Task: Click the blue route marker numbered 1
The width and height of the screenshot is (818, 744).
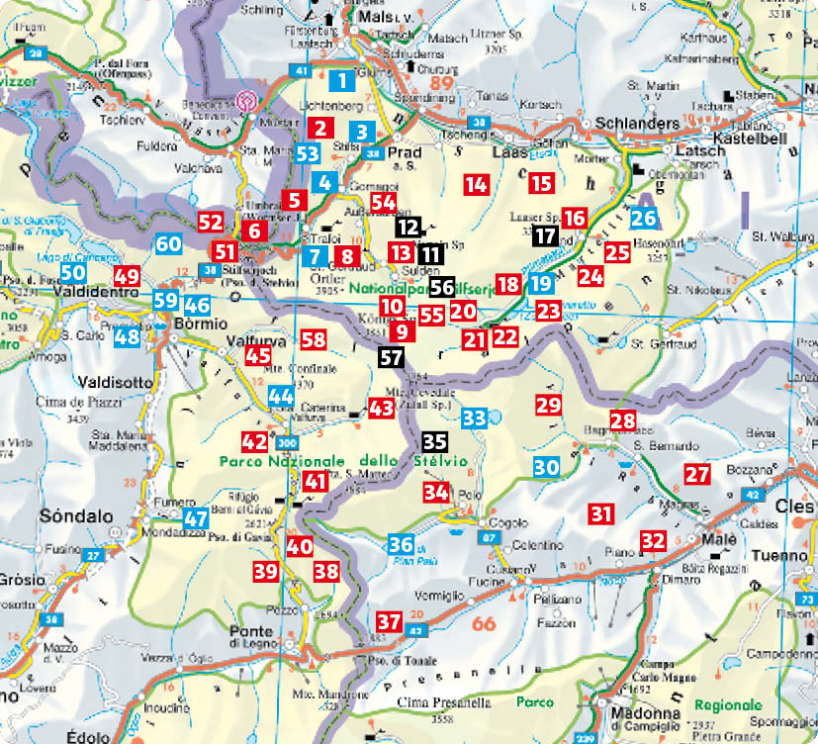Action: click(x=341, y=82)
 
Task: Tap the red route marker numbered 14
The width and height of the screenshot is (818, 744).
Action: click(x=476, y=183)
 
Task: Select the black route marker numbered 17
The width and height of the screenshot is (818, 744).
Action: click(x=544, y=235)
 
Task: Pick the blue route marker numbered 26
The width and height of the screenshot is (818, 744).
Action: click(x=644, y=219)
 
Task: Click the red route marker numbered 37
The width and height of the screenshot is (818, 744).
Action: click(x=389, y=622)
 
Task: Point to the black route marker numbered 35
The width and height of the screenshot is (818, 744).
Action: click(x=434, y=442)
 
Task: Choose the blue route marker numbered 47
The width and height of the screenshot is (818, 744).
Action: click(x=196, y=517)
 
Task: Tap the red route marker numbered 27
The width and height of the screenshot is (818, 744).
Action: click(x=697, y=475)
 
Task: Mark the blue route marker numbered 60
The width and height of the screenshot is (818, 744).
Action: click(x=168, y=243)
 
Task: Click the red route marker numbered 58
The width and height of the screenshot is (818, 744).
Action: click(x=314, y=340)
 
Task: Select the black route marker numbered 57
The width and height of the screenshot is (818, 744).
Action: click(x=391, y=357)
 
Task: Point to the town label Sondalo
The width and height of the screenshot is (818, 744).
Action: click(x=70, y=516)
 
